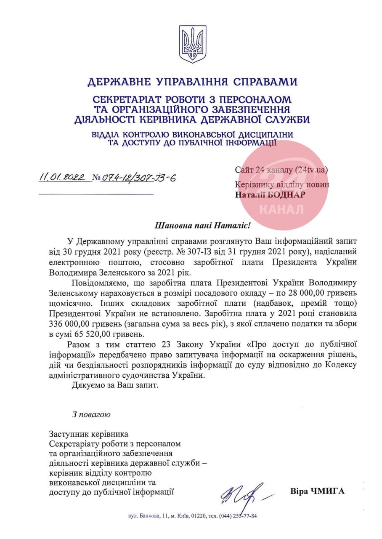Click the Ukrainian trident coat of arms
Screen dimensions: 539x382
coord(192,44)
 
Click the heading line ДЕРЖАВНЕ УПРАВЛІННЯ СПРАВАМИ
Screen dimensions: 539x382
coord(192,81)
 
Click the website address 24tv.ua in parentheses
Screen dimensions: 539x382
coord(310,170)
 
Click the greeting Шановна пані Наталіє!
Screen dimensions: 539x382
coord(202,225)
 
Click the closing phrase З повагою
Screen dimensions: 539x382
coord(91,415)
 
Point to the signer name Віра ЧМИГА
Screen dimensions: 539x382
coord(317,491)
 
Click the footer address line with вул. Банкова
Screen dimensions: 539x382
coord(192,516)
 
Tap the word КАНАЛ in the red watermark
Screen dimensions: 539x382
coord(281,209)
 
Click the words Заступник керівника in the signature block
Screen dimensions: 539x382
coord(88,433)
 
